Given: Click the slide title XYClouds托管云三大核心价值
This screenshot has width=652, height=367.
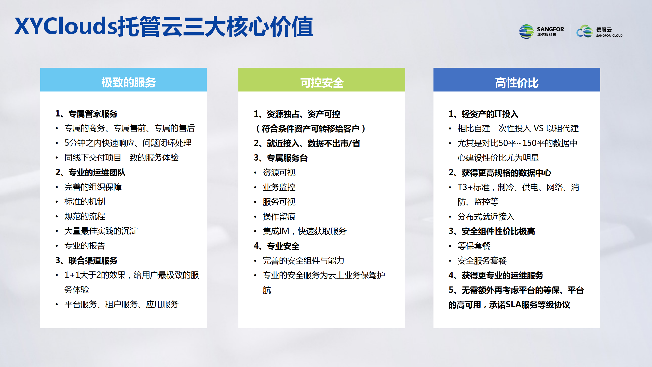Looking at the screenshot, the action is (164, 26).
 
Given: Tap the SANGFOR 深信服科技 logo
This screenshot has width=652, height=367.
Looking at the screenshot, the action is (541, 32).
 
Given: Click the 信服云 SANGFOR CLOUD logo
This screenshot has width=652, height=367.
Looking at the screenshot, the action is (599, 32).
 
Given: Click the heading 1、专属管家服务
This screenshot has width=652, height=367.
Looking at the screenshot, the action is (86, 114).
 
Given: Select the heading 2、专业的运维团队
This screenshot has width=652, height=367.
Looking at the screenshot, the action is (90, 173).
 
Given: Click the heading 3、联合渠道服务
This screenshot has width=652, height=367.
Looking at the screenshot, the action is (86, 260).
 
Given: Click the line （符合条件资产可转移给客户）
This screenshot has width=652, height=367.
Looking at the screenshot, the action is (310, 128).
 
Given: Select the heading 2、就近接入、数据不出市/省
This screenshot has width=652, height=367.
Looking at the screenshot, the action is (307, 143).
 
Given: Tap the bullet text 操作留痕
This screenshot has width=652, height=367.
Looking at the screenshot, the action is (279, 217).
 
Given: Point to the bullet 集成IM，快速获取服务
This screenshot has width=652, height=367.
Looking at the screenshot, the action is (305, 231).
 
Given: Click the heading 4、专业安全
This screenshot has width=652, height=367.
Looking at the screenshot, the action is (277, 246).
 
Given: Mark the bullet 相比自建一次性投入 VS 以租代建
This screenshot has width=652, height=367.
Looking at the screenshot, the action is (518, 128).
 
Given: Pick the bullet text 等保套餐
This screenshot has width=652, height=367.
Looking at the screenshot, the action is (474, 246).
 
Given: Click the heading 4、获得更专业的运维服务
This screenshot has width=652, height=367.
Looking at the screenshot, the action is (496, 275).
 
